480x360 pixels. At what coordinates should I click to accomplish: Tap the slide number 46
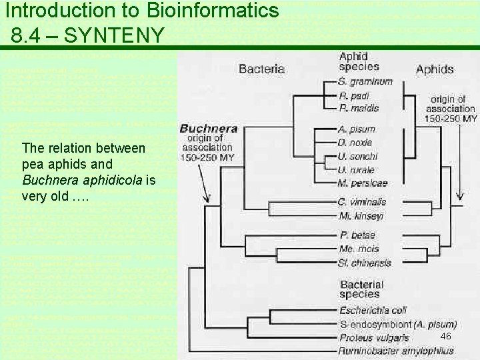(x=446, y=336)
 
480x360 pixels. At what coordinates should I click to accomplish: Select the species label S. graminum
(x=365, y=81)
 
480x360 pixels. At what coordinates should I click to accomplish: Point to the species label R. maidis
(x=359, y=107)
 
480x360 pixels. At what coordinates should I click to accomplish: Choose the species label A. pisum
(x=357, y=129)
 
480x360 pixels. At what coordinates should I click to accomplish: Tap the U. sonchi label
(x=357, y=156)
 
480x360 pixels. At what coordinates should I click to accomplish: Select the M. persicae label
(x=363, y=183)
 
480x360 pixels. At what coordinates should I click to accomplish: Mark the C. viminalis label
(x=362, y=201)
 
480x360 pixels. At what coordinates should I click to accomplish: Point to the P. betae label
(x=357, y=235)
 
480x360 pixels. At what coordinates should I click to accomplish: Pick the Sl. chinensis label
(x=365, y=263)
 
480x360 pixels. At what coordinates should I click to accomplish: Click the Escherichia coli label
(x=373, y=310)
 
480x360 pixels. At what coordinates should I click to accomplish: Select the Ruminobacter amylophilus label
(x=396, y=351)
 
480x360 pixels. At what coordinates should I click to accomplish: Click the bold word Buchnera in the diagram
(x=209, y=129)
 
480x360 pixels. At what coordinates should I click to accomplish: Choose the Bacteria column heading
(x=261, y=69)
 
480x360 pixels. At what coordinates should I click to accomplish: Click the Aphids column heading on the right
(x=435, y=69)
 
